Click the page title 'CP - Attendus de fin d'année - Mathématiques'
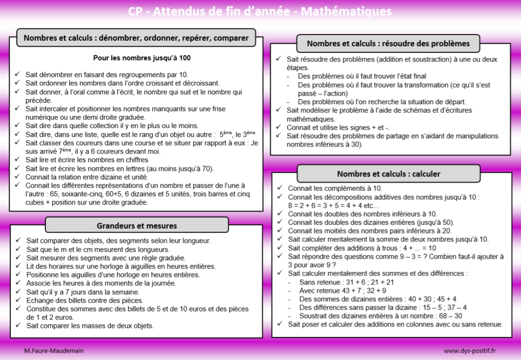tap(260, 11)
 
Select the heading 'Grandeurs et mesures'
tap(137, 225)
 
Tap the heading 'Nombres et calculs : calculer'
tap(389, 174)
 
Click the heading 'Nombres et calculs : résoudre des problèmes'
tap(388, 43)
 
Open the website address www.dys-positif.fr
tap(470, 351)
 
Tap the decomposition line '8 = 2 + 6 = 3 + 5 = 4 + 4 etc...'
tap(333, 205)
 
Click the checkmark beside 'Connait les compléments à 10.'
tap(279, 188)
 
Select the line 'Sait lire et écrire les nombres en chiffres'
tap(87, 160)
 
